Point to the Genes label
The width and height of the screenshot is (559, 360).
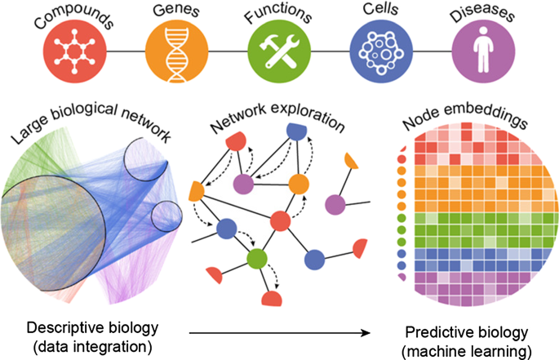[171, 11]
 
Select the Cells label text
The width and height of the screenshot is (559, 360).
[377, 11]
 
